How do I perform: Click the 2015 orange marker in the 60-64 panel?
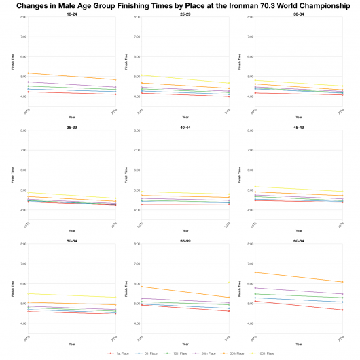(x=253, y=272)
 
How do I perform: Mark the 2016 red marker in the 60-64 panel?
(x=342, y=310)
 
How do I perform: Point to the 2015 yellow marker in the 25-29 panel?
(x=140, y=75)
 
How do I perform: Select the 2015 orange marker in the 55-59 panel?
(x=140, y=286)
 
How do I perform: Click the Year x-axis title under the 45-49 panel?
(x=297, y=230)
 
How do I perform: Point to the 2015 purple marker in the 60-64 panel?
(x=253, y=287)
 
